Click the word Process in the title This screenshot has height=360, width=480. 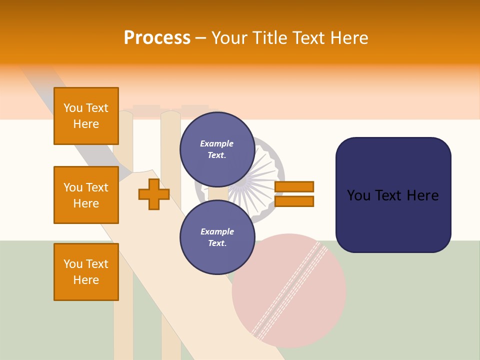pyautogui.click(x=157, y=38)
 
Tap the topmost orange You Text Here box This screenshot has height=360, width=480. pyautogui.click(x=86, y=116)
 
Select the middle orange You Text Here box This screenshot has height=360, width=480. pyautogui.click(x=86, y=195)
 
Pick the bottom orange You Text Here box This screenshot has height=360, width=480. pyautogui.click(x=86, y=272)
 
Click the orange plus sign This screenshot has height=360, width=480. pyautogui.click(x=154, y=194)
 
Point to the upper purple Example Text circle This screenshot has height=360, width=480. pyautogui.click(x=217, y=149)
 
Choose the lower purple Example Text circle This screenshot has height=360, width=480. pyautogui.click(x=217, y=237)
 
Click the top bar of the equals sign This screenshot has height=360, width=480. pyautogui.click(x=294, y=186)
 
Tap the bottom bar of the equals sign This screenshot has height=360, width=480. pyautogui.click(x=294, y=201)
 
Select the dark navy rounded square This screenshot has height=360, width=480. pyautogui.click(x=393, y=195)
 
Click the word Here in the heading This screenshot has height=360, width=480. pyautogui.click(x=348, y=38)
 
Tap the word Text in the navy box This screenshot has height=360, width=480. pyautogui.click(x=391, y=195)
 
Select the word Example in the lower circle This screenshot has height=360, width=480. pyautogui.click(x=217, y=231)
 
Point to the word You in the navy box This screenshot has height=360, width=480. pyautogui.click(x=359, y=195)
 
